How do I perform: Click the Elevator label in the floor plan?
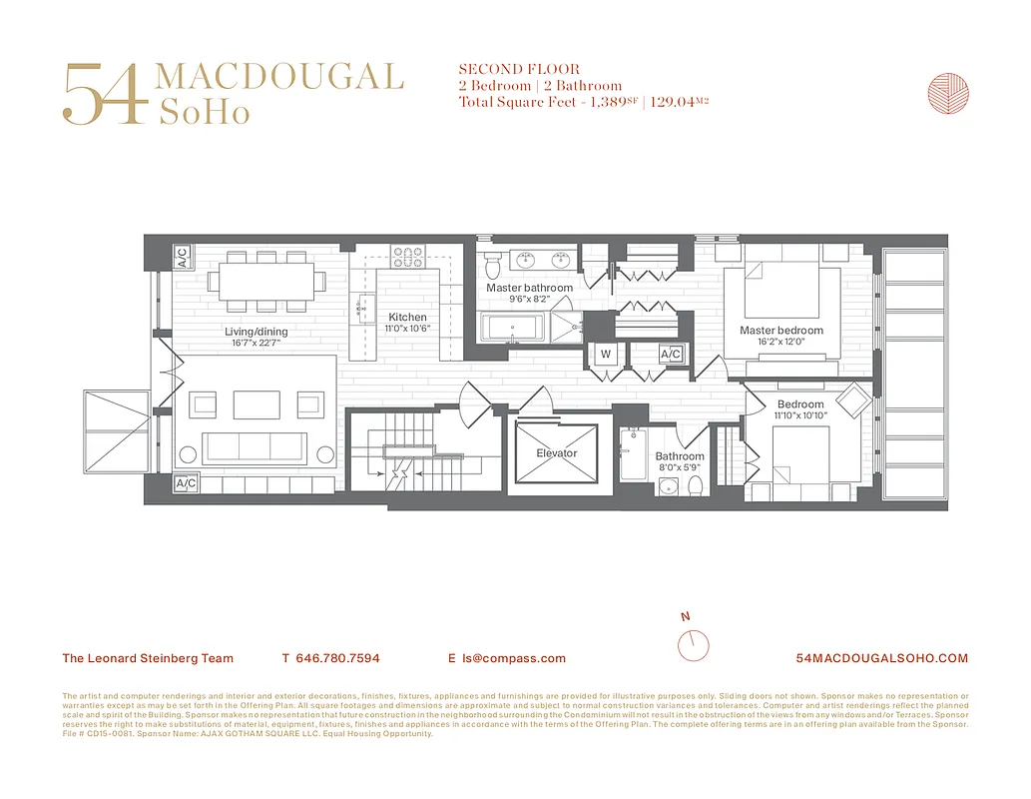pos(556,453)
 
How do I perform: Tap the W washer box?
pos(605,354)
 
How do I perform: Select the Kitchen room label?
pos(407,318)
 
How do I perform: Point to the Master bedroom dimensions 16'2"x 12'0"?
pos(781,342)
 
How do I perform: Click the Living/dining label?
pos(256,332)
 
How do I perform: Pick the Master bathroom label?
pos(529,288)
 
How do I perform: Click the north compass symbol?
pos(693,643)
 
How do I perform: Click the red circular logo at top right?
pos(947,93)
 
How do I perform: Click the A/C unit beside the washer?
pos(671,354)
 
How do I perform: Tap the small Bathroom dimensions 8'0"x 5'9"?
pos(680,467)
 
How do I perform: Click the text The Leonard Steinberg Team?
pos(148,658)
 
